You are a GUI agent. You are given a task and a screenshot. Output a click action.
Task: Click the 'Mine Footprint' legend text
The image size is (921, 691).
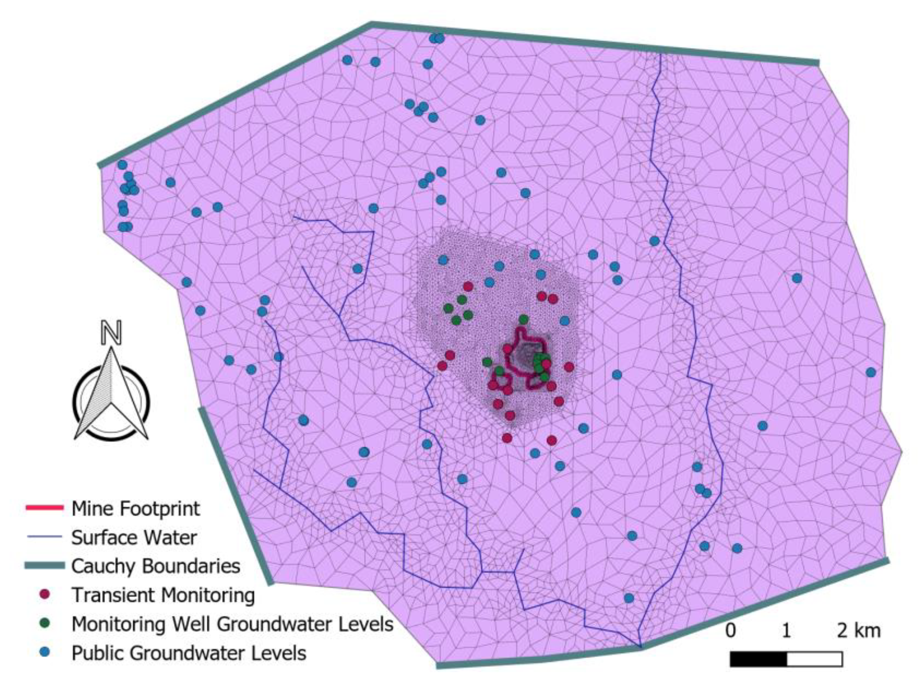(136, 509)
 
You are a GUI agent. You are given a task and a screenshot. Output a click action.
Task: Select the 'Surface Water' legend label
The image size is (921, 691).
(134, 538)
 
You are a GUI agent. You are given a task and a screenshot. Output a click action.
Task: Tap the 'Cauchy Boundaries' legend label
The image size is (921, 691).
(156, 566)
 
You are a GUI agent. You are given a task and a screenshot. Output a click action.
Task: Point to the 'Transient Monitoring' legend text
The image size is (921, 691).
(163, 595)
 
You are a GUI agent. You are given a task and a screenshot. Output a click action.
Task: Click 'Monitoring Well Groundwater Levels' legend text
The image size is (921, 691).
(232, 624)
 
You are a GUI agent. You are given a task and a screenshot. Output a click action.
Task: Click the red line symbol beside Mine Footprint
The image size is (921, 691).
(44, 508)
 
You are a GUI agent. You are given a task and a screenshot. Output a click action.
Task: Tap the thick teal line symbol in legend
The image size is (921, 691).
(44, 565)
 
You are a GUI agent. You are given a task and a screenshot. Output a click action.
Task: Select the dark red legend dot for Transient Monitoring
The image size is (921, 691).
(46, 594)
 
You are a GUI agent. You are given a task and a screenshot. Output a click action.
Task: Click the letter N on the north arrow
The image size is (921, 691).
(112, 333)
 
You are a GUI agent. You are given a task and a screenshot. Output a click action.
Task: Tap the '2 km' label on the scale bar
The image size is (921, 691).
(858, 631)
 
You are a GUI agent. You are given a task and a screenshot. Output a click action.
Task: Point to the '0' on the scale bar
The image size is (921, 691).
(731, 631)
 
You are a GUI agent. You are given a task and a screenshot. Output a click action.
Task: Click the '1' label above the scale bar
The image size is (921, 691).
(786, 631)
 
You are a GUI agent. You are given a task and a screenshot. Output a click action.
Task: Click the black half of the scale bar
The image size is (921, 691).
(758, 659)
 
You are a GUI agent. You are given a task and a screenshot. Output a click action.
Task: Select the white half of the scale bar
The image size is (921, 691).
(814, 659)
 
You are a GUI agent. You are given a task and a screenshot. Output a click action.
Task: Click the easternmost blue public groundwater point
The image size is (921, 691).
(870, 372)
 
